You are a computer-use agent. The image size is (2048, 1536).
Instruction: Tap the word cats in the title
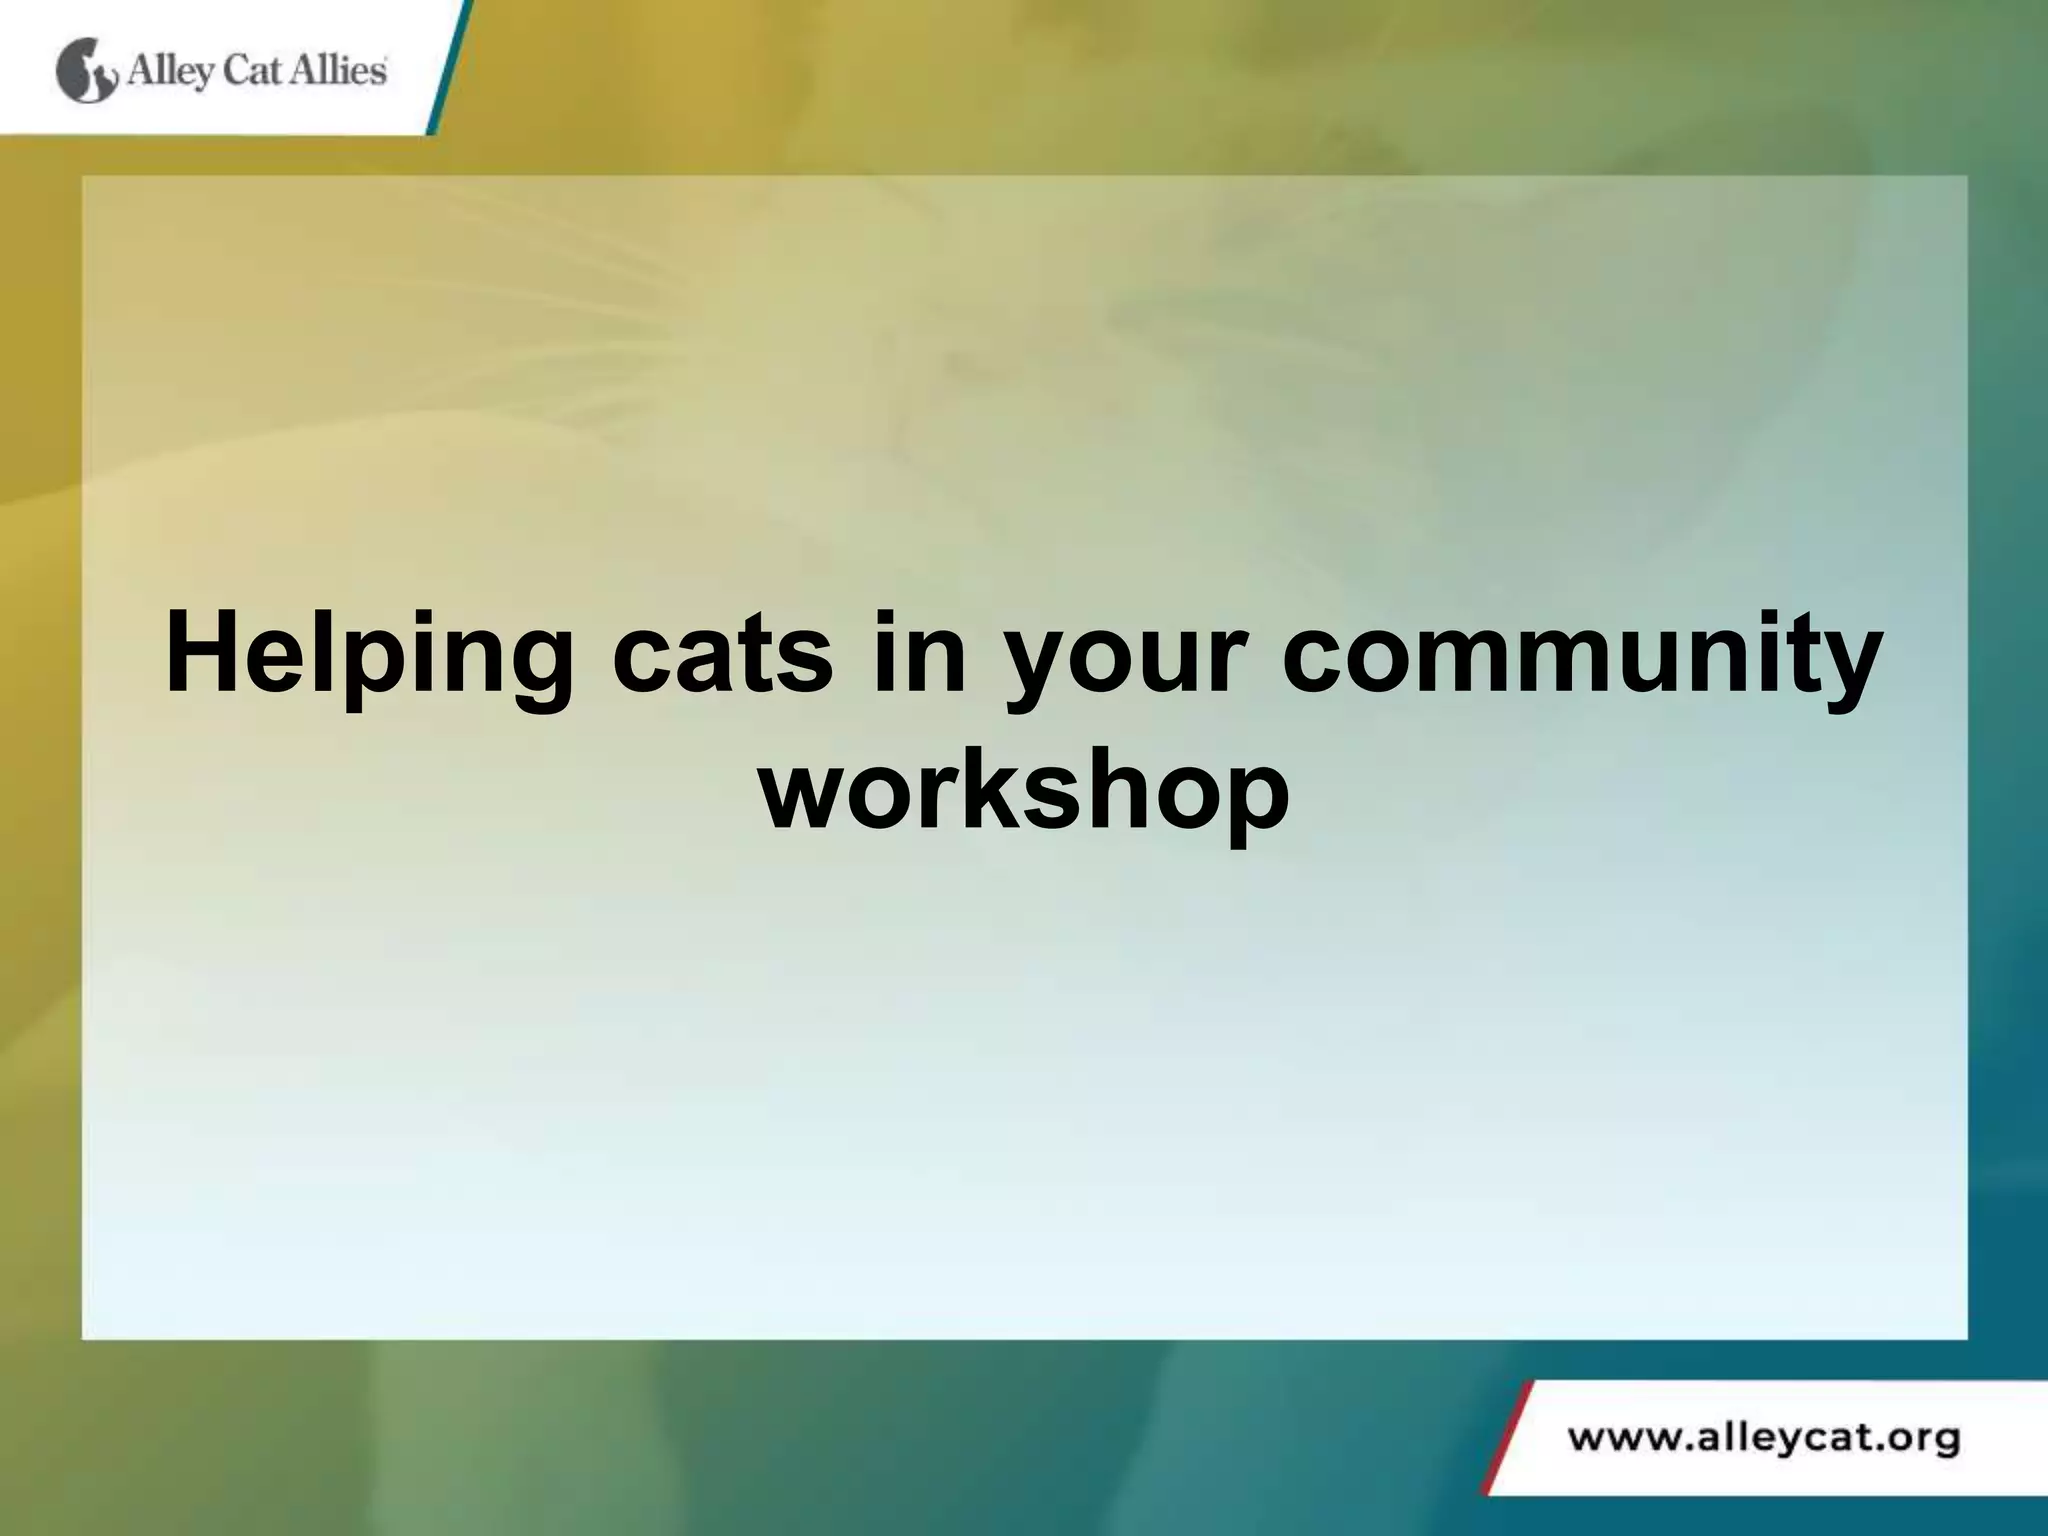point(722,653)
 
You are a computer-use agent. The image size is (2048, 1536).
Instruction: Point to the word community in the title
point(1580,653)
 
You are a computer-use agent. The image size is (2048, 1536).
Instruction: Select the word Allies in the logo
point(338,71)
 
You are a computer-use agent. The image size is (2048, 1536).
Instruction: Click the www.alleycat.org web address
point(1762,1440)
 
